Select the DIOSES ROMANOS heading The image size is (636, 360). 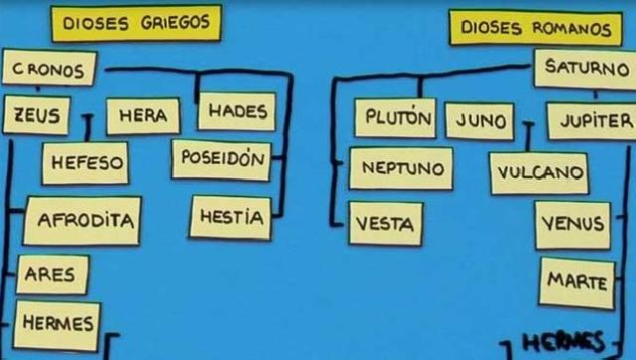[x=535, y=28]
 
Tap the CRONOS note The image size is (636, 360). [x=49, y=68]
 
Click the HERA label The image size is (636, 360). [x=142, y=115]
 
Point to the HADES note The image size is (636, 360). [x=236, y=111]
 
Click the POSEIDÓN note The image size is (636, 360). [x=221, y=159]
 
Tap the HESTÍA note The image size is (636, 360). [x=230, y=217]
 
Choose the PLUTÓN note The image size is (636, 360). [x=395, y=118]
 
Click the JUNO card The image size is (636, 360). [x=479, y=120]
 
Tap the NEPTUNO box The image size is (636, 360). [x=400, y=168]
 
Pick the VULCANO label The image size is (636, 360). [x=539, y=172]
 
